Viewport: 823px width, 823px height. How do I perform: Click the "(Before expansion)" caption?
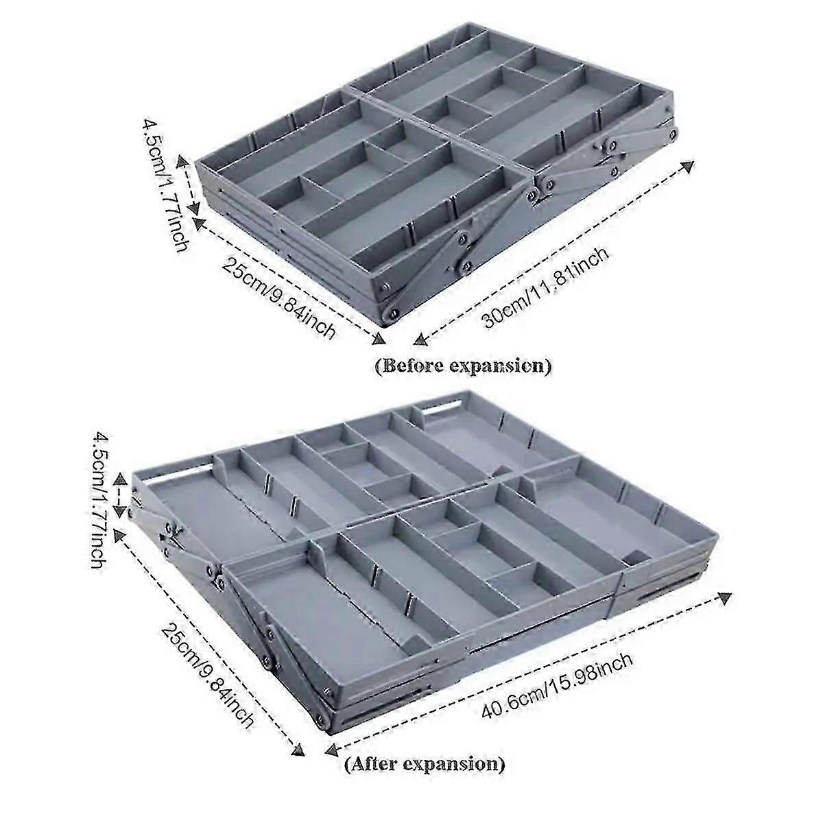462,366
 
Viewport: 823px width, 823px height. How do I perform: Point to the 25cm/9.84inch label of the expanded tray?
207,676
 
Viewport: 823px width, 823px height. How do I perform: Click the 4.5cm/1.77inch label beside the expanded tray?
102,500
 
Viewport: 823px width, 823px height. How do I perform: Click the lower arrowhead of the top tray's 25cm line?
379,339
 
